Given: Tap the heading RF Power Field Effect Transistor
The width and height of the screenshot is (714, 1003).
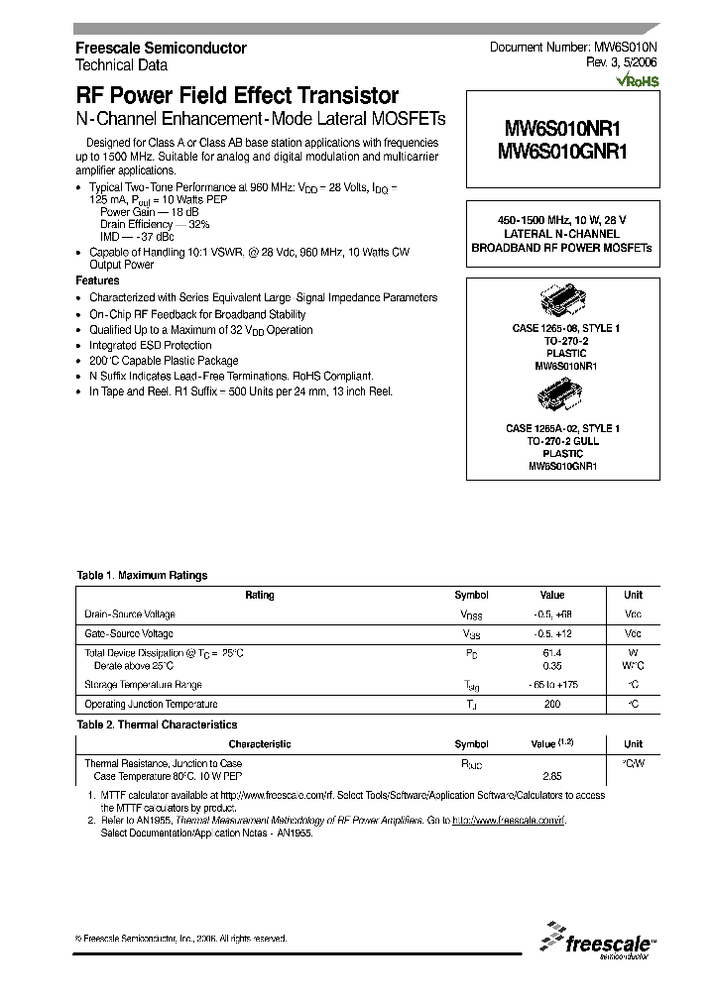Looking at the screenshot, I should [237, 96].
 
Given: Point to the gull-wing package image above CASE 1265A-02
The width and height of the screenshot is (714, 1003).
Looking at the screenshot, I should [562, 398].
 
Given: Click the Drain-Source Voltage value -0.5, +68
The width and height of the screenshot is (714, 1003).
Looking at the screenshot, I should [551, 614].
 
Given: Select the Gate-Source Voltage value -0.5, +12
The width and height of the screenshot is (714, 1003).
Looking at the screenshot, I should [551, 633].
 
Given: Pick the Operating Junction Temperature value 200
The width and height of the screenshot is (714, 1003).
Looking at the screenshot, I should [551, 704].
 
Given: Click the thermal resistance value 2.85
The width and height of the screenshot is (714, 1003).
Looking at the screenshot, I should [551, 776].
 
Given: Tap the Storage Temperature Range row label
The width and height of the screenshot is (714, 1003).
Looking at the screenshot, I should [143, 685].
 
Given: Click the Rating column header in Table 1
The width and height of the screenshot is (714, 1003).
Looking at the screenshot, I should [260, 595].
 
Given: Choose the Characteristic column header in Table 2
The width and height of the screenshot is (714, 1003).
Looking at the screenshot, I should [260, 743].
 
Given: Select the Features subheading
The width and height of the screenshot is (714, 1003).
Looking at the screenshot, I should [97, 280].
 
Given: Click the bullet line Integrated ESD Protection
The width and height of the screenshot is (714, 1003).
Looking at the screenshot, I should [150, 345].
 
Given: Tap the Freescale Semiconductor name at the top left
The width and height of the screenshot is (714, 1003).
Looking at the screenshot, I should [161, 48].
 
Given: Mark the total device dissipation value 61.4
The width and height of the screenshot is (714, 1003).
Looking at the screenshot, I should [551, 653].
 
